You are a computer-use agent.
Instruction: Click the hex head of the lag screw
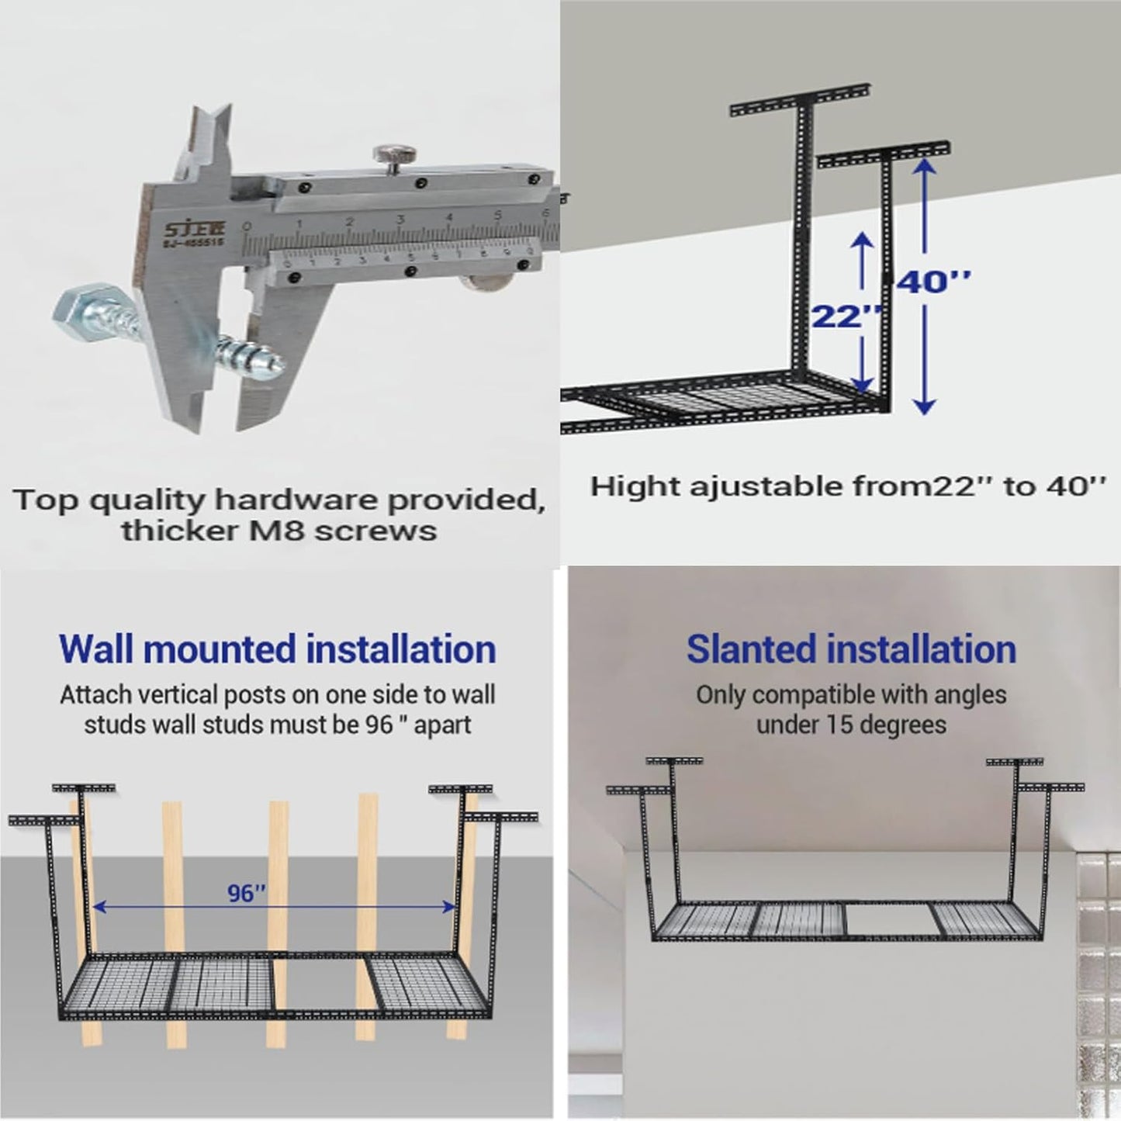coord(73,315)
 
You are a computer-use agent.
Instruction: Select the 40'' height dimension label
coord(934,282)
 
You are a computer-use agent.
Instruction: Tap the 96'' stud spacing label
coord(247,894)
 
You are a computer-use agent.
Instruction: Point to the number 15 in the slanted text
coord(839,725)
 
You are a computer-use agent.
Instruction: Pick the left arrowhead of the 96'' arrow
coord(99,905)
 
